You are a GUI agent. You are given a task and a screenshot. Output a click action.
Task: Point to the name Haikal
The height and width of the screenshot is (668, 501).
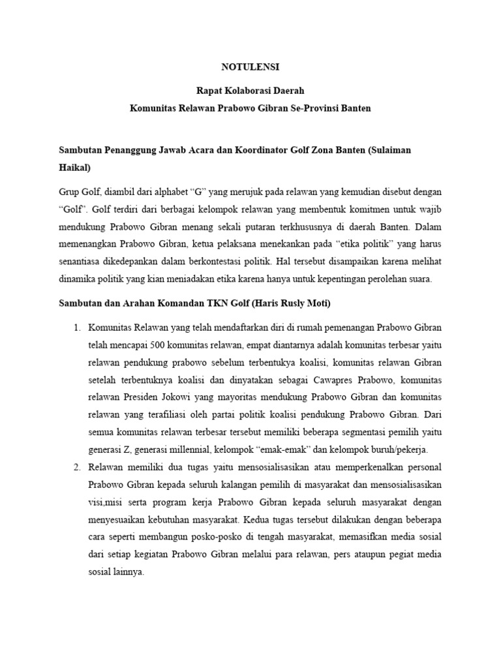[75, 167]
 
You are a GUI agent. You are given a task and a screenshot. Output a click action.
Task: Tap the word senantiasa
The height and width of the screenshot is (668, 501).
[82, 261]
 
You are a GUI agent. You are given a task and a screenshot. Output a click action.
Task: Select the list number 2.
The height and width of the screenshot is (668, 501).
[76, 468]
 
